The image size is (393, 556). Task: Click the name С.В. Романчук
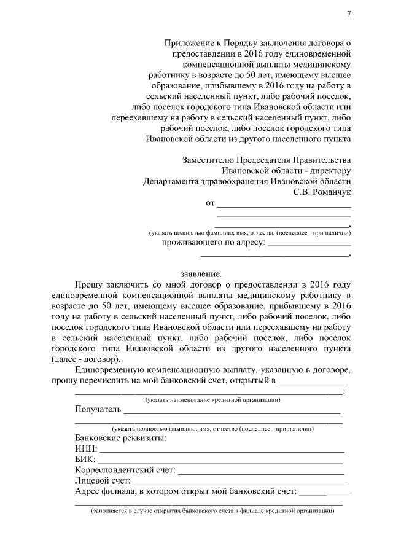[322, 192]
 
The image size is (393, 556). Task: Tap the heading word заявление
[200, 273]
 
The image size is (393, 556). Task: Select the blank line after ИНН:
[221, 450]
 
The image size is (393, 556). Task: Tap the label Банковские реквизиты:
[120, 439]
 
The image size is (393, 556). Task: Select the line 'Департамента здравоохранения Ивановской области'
[246, 181]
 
